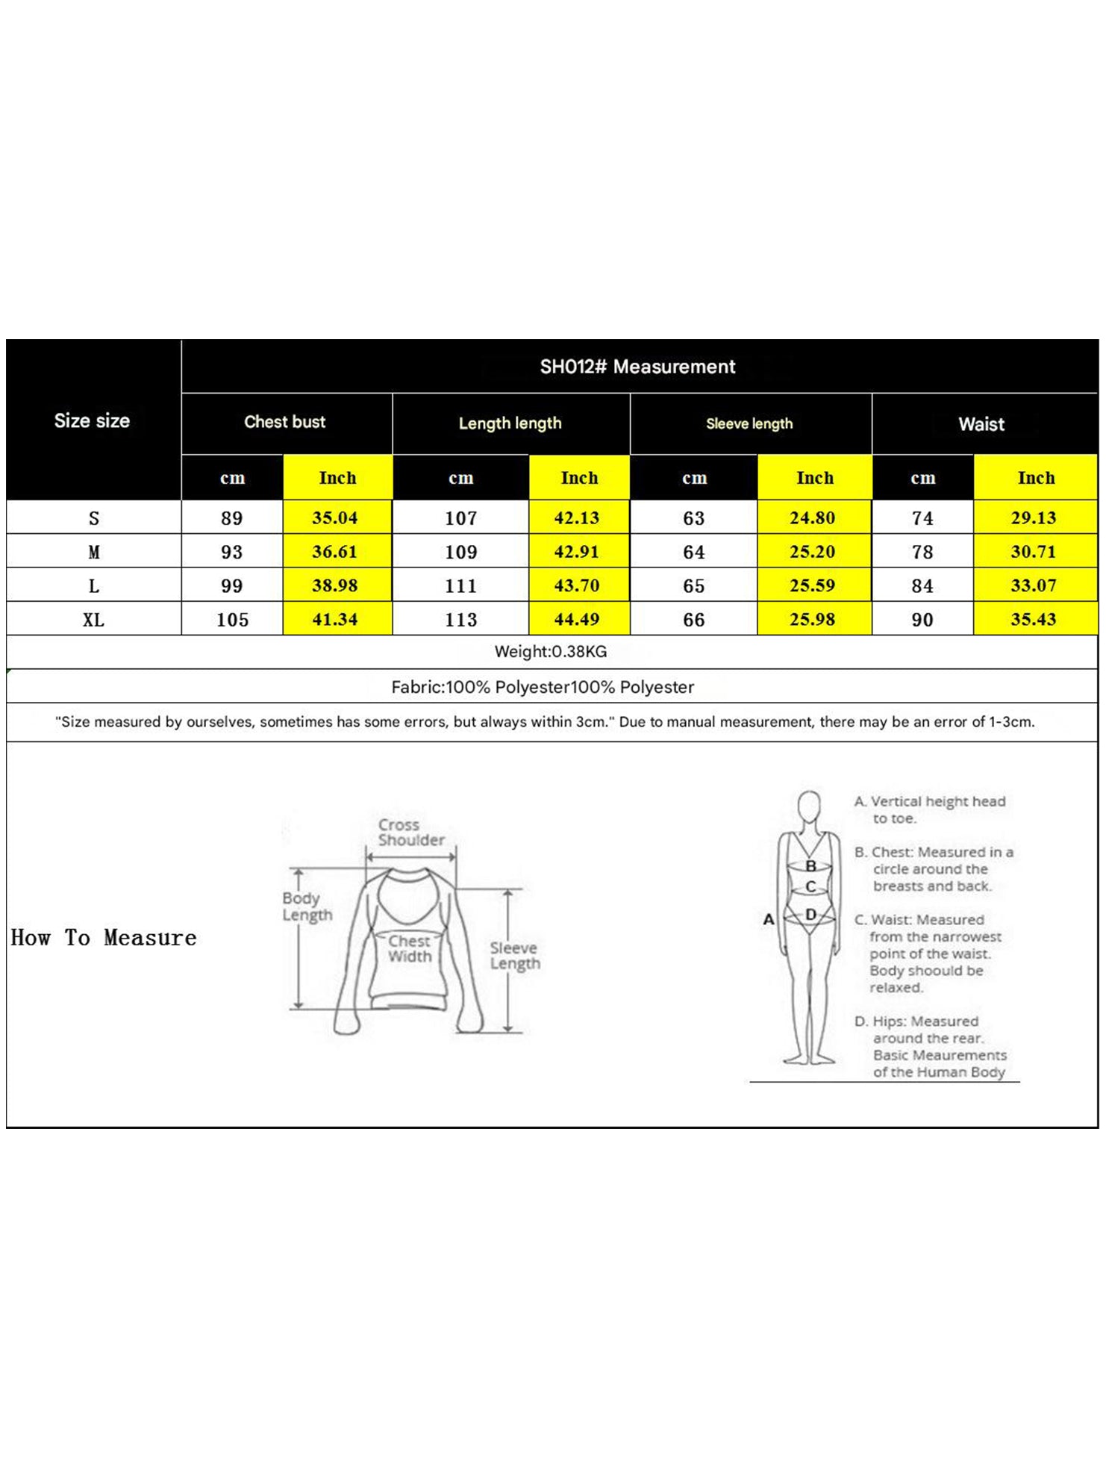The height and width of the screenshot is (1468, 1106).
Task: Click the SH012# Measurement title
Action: (x=637, y=367)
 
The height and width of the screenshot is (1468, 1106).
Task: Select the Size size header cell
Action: (x=92, y=420)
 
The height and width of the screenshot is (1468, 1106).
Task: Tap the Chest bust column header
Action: (x=285, y=422)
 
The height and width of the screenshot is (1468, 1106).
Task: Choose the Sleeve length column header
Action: (x=749, y=423)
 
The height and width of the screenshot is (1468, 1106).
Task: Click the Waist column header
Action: (x=981, y=424)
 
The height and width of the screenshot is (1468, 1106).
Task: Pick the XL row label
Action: (x=93, y=620)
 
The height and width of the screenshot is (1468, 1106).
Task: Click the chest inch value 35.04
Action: (x=335, y=517)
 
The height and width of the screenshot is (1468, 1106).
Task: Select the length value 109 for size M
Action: (x=460, y=552)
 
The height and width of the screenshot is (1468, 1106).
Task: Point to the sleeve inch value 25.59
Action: (x=813, y=585)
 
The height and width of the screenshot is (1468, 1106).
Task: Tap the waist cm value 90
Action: (x=922, y=620)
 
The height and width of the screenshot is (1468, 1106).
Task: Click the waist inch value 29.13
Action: (x=1034, y=517)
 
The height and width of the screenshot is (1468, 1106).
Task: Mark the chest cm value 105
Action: (x=232, y=620)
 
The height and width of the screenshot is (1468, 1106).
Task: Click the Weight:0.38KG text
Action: (x=551, y=651)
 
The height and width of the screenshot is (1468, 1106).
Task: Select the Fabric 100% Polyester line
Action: (x=543, y=687)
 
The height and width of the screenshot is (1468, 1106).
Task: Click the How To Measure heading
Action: (x=104, y=938)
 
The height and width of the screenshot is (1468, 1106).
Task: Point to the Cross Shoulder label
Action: (x=410, y=832)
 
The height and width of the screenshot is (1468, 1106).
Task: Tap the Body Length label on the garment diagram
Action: (x=307, y=906)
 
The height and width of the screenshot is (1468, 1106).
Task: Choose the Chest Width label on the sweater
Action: (x=410, y=948)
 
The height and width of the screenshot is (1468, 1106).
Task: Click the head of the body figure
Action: (x=809, y=806)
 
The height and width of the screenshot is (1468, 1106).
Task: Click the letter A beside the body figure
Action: (x=769, y=919)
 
